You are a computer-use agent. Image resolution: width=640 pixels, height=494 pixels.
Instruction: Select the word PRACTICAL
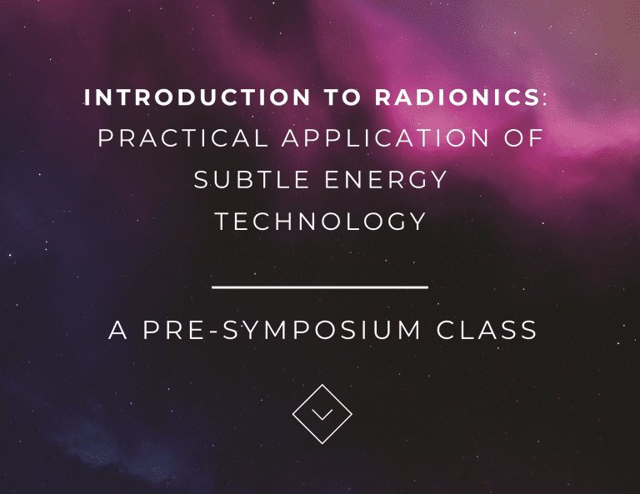tap(183, 138)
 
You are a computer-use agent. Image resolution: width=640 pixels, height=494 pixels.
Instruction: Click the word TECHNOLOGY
tap(321, 222)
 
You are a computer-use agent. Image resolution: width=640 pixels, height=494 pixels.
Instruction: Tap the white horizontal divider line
tap(320, 287)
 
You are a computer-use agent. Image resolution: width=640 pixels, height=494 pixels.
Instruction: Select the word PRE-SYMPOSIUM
tap(282, 330)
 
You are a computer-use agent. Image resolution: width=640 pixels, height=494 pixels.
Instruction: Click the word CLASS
tap(487, 330)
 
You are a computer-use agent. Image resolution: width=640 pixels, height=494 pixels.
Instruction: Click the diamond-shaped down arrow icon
tap(322, 413)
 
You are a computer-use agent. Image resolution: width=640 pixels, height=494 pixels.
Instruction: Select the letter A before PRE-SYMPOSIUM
tap(117, 330)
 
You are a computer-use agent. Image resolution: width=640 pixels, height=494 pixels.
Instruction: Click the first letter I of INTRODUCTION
tap(88, 97)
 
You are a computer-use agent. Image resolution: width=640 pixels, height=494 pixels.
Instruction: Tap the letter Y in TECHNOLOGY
tap(417, 222)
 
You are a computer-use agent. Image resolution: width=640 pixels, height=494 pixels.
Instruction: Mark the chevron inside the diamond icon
tap(322, 414)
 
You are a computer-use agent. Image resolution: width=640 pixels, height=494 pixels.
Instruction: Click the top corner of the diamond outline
tap(322, 384)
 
